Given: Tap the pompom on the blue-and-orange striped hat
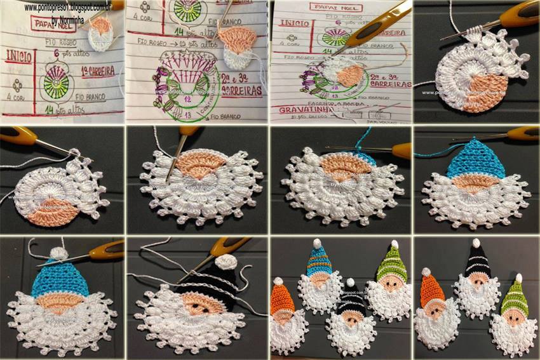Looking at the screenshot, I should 316,243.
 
